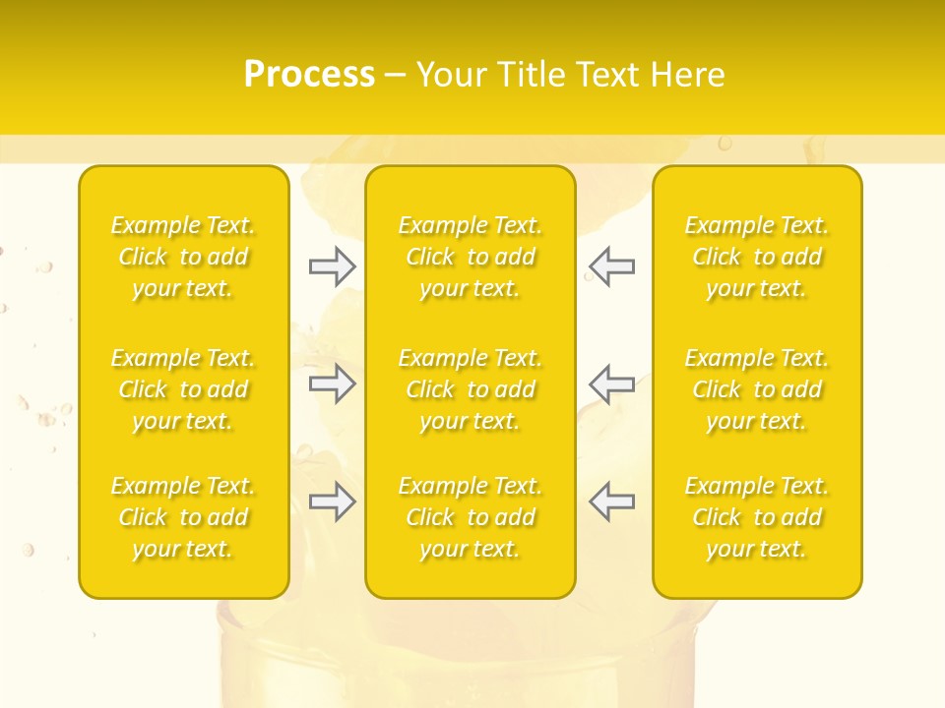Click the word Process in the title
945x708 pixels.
tap(309, 75)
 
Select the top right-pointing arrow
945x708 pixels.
tap(333, 266)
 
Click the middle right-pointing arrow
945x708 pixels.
tap(333, 384)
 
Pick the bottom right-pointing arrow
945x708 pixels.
tap(333, 501)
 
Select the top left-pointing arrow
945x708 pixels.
tap(612, 266)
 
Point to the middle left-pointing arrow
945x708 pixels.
tap(612, 384)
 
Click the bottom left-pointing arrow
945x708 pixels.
tap(612, 501)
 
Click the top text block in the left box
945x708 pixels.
tap(183, 258)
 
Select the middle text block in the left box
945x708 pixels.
tap(183, 389)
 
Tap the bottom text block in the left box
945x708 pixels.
tap(183, 517)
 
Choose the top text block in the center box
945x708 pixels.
tap(471, 258)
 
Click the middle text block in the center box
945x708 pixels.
tap(471, 389)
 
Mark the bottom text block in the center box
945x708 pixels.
tap(471, 517)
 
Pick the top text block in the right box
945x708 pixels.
tap(757, 258)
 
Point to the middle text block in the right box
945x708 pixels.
tap(757, 389)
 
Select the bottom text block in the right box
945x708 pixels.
tap(757, 517)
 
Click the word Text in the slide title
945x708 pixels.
tap(607, 75)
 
